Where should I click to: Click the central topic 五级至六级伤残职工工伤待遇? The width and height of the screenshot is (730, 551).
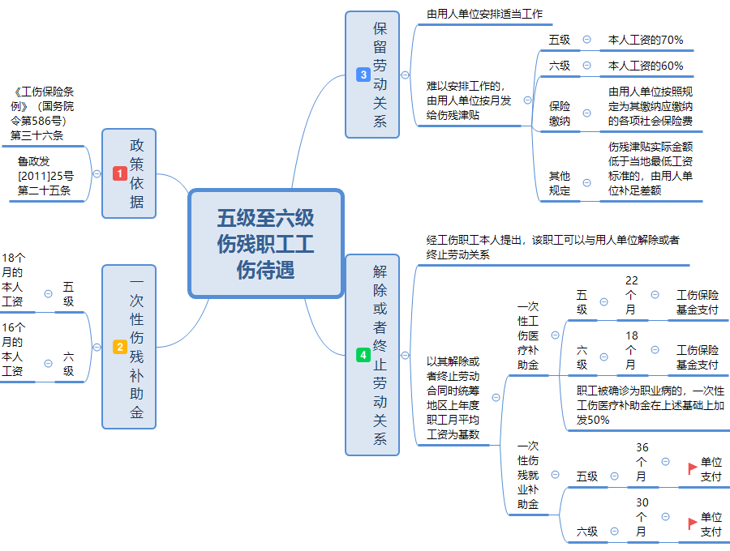tap(265, 243)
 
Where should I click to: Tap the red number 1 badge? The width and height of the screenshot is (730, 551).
tap(119, 173)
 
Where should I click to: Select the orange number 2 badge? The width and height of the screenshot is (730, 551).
tap(119, 347)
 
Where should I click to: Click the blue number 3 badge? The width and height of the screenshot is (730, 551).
tap(363, 75)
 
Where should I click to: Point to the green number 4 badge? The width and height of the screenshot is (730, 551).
tap(363, 355)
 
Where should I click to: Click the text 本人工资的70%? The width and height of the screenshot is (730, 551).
tap(646, 40)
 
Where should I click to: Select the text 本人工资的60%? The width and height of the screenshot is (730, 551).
tap(646, 66)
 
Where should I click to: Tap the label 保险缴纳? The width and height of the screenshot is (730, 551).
tap(560, 113)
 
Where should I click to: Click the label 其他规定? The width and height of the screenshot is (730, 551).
tap(560, 183)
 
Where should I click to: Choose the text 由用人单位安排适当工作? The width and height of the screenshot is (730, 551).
tap(485, 14)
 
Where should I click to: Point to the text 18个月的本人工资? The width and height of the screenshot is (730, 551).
tap(13, 280)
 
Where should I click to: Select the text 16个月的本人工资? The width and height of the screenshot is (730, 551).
tap(13, 349)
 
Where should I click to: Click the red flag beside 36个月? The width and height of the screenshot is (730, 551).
tap(692, 468)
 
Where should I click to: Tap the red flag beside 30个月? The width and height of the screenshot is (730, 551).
tap(692, 523)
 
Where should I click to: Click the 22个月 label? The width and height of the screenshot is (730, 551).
tap(631, 295)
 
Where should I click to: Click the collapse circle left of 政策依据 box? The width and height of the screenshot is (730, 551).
tap(97, 173)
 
